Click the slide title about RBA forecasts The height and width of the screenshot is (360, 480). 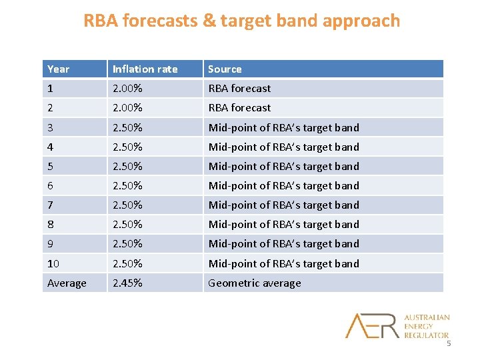(x=241, y=21)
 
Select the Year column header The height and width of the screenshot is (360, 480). (x=59, y=69)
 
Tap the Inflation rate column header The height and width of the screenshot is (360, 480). (x=145, y=69)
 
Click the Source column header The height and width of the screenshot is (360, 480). (x=225, y=69)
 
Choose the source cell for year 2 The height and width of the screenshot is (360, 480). (x=239, y=107)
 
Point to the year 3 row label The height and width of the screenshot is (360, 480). (x=51, y=127)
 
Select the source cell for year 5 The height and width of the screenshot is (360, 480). (x=283, y=166)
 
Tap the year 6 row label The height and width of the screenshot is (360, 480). (x=51, y=185)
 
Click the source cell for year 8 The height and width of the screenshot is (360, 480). (x=283, y=224)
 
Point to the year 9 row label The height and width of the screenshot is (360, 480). (x=51, y=243)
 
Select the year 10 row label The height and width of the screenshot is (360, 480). (x=53, y=263)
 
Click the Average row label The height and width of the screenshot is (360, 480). (x=67, y=283)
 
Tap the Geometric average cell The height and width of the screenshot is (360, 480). (x=255, y=283)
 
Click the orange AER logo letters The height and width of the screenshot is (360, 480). (x=372, y=325)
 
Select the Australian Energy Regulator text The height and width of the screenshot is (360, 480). (x=427, y=326)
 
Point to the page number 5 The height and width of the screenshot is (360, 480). (x=449, y=343)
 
